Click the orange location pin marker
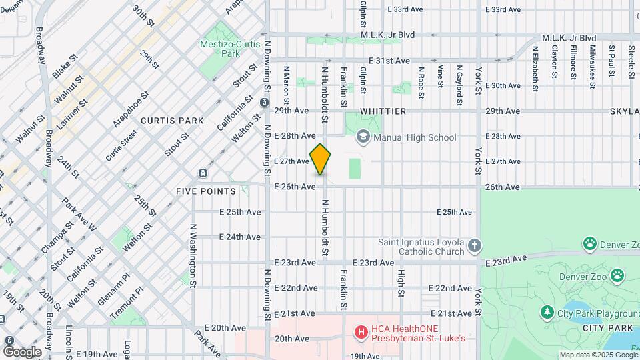coord(321,159)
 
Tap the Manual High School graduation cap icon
coord(363,137)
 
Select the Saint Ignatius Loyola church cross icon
coord(473,246)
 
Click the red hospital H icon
coord(361,331)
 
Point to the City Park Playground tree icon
coord(547,313)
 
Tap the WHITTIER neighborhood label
coord(383,111)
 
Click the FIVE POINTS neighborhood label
coord(206,191)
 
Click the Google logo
coord(22,351)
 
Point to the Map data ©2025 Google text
coord(598,355)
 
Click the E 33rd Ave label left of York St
coord(405,9)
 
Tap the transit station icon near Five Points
coord(203,174)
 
